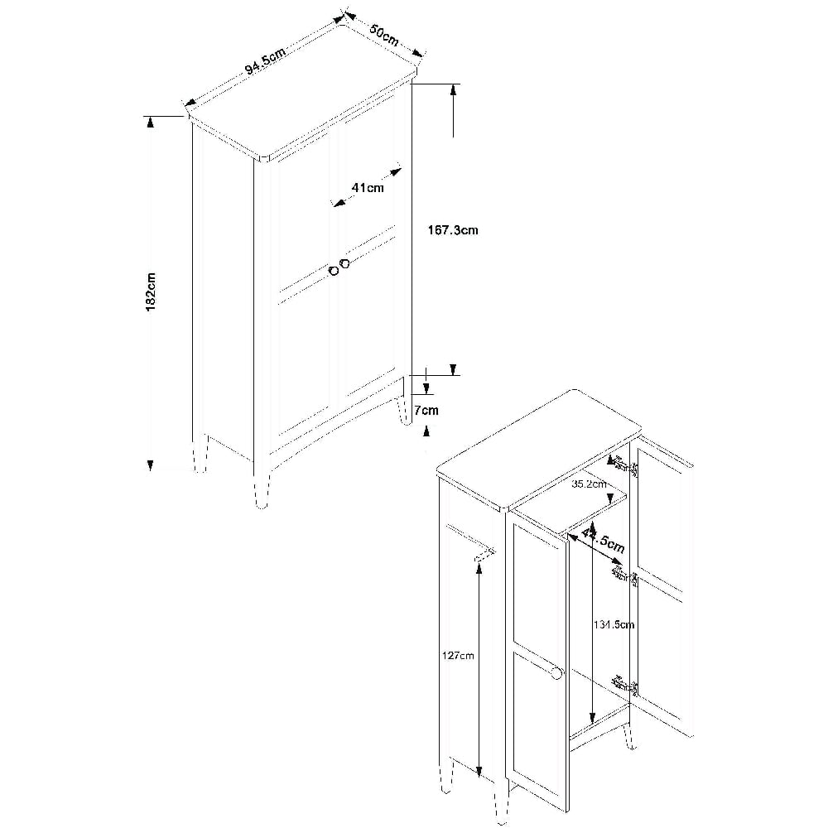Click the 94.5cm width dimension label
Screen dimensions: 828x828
click(265, 62)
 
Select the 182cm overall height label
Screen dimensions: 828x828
click(151, 292)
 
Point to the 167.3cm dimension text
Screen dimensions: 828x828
click(453, 230)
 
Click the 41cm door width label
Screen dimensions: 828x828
click(368, 187)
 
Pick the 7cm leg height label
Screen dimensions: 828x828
click(426, 410)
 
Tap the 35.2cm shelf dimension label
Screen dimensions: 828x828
click(589, 484)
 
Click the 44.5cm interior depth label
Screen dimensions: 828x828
click(603, 538)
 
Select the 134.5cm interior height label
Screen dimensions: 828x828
click(613, 624)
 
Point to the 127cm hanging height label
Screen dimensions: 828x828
click(459, 655)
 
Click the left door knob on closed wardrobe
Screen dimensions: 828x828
click(334, 271)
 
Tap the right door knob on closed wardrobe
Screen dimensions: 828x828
click(345, 263)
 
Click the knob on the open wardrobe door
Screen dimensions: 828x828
click(557, 674)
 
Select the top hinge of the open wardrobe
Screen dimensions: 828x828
click(624, 466)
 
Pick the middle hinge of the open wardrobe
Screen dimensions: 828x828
click(625, 575)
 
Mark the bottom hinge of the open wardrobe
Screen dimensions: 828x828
click(625, 686)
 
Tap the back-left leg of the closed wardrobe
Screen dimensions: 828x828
click(200, 454)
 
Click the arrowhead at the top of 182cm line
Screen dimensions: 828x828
click(151, 122)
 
